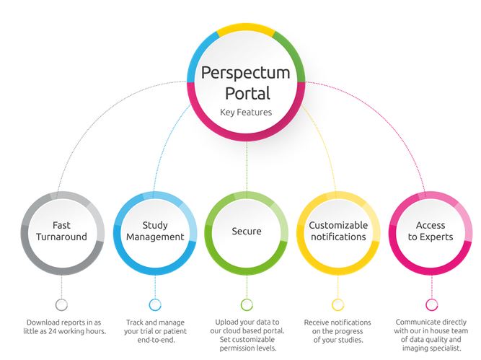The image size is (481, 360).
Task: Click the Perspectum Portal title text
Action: click(245, 82)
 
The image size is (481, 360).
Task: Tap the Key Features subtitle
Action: click(245, 113)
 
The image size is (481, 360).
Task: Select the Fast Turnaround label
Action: click(61, 231)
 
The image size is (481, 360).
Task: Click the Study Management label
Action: click(154, 231)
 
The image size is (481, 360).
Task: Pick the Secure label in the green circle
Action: click(247, 231)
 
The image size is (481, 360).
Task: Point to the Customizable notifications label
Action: click(338, 231)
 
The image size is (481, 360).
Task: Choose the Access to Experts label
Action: click(431, 231)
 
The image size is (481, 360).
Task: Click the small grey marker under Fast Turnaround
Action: click(61, 304)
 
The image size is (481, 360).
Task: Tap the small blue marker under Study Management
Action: click(154, 304)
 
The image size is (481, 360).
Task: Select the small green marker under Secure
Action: click(247, 304)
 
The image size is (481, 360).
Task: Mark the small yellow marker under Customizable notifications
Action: click(337, 304)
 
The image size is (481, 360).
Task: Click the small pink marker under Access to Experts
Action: click(431, 304)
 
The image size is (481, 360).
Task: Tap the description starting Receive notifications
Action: click(337, 331)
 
